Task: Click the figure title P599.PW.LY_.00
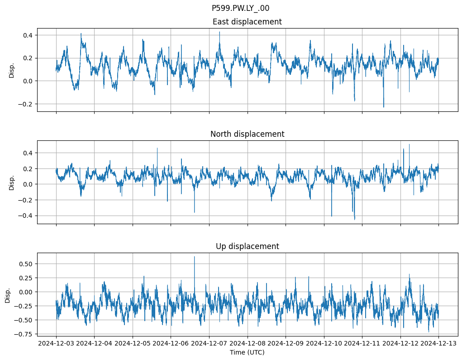click(240, 8)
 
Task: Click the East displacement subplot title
click(247, 22)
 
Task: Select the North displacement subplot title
click(247, 134)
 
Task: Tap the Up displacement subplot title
click(247, 246)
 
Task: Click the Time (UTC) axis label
click(247, 352)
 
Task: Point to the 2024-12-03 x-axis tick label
click(56, 343)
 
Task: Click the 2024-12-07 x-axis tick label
click(209, 343)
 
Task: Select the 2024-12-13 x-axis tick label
click(438, 343)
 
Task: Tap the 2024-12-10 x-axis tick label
click(324, 343)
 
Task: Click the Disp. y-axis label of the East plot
click(12, 70)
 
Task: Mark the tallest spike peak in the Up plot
click(195, 257)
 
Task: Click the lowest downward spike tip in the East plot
click(384, 107)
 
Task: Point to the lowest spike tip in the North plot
click(355, 220)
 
